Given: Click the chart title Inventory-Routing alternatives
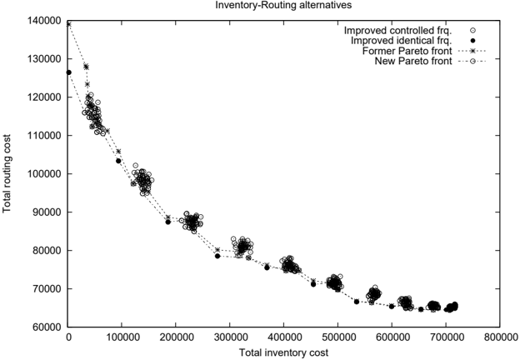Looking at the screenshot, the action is click(x=283, y=5).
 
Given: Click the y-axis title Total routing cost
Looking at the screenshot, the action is click(x=7, y=173).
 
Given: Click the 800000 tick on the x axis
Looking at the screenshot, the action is click(x=500, y=337).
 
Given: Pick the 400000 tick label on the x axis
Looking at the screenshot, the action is click(x=283, y=337).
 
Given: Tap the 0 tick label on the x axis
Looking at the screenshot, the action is click(x=68, y=337).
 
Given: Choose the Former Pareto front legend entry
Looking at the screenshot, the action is click(x=424, y=51).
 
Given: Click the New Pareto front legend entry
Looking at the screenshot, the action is click(x=430, y=62).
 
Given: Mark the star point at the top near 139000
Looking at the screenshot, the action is click(x=68, y=24).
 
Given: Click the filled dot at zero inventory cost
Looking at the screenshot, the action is click(x=68, y=72).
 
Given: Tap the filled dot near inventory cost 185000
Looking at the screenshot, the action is click(x=168, y=222).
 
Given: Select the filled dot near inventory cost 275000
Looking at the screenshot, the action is click(x=217, y=256).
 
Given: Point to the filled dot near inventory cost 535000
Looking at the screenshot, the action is click(x=357, y=302).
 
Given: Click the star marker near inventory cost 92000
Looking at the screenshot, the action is click(x=118, y=151).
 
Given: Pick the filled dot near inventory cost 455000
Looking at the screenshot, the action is click(x=313, y=284).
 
